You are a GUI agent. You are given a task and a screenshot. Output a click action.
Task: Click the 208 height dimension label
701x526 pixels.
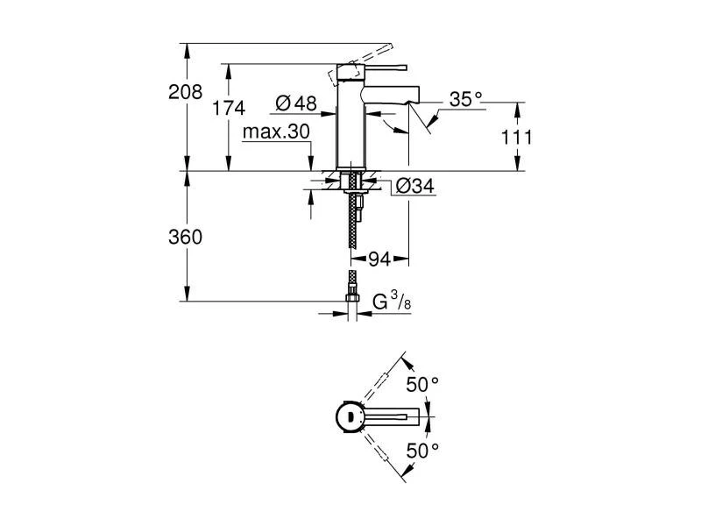pyautogui.click(x=186, y=92)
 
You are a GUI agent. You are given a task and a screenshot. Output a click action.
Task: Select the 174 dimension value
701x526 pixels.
pyautogui.click(x=230, y=108)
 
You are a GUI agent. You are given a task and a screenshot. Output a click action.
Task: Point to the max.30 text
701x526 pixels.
pyautogui.click(x=277, y=131)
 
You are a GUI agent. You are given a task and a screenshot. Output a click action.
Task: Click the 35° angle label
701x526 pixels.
pyautogui.click(x=466, y=100)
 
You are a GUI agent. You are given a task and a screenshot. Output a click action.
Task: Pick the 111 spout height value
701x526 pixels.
pyautogui.click(x=517, y=137)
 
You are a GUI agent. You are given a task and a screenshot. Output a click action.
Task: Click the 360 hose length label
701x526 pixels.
pyautogui.click(x=186, y=237)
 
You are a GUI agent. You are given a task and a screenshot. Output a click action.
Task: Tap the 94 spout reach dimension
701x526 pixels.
pyautogui.click(x=379, y=259)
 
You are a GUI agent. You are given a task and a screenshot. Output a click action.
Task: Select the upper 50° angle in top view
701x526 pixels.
pyautogui.click(x=421, y=384)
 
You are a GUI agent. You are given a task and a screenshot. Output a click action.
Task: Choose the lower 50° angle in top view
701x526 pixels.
pyautogui.click(x=421, y=451)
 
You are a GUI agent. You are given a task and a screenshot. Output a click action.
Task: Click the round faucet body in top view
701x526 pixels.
pyautogui.click(x=350, y=416)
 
